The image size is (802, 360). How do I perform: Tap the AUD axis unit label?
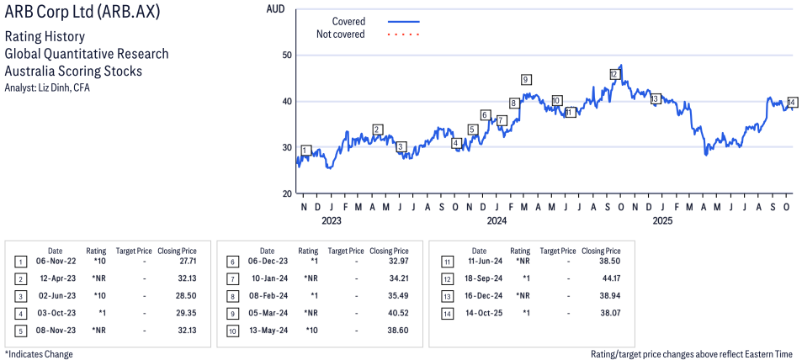274,9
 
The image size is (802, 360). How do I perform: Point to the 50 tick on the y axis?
286,55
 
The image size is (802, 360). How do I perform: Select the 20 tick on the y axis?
286,193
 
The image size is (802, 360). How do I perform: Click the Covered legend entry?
348,21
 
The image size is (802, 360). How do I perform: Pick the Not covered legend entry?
340,34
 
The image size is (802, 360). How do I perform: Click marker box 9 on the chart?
526,80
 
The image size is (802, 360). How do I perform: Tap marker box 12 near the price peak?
614,74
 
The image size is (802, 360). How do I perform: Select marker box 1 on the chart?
305,151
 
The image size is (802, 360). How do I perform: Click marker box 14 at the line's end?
792,102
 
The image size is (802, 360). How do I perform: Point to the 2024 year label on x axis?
497,221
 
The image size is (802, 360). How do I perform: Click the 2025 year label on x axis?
662,221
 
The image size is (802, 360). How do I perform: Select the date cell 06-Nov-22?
55,262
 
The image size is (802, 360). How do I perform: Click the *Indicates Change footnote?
39,354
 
